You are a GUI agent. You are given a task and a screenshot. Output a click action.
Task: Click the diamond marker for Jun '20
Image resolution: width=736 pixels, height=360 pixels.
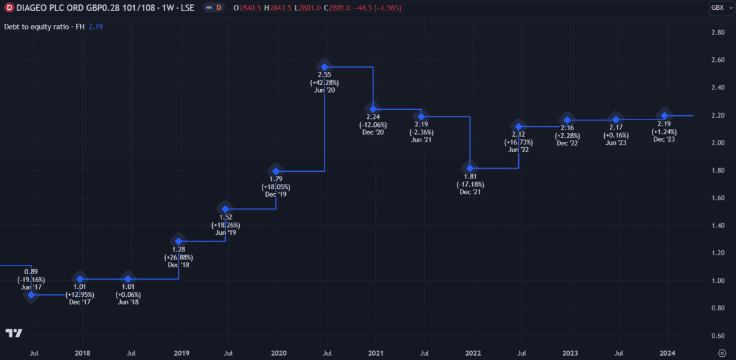point(325,66)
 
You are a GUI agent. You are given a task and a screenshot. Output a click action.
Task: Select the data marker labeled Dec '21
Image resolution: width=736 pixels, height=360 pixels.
point(470,168)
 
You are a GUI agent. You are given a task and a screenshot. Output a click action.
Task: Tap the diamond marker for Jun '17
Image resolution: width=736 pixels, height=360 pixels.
point(31,295)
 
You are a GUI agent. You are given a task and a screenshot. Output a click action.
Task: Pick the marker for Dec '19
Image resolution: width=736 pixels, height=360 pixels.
point(276,171)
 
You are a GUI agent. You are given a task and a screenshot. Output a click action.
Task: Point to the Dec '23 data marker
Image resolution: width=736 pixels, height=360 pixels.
point(664,115)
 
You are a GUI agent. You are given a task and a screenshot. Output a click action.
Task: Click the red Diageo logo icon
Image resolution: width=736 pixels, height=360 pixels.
point(9,7)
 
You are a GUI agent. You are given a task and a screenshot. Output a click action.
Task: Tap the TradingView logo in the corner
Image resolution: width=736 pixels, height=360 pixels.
point(14,333)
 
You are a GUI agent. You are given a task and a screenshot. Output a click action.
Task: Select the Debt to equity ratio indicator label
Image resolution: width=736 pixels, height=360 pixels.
point(44,27)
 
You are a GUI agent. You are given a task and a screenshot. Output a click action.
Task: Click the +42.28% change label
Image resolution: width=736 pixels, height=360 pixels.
point(325,82)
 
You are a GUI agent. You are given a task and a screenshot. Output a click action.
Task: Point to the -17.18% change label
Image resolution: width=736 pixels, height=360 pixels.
point(470,184)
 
